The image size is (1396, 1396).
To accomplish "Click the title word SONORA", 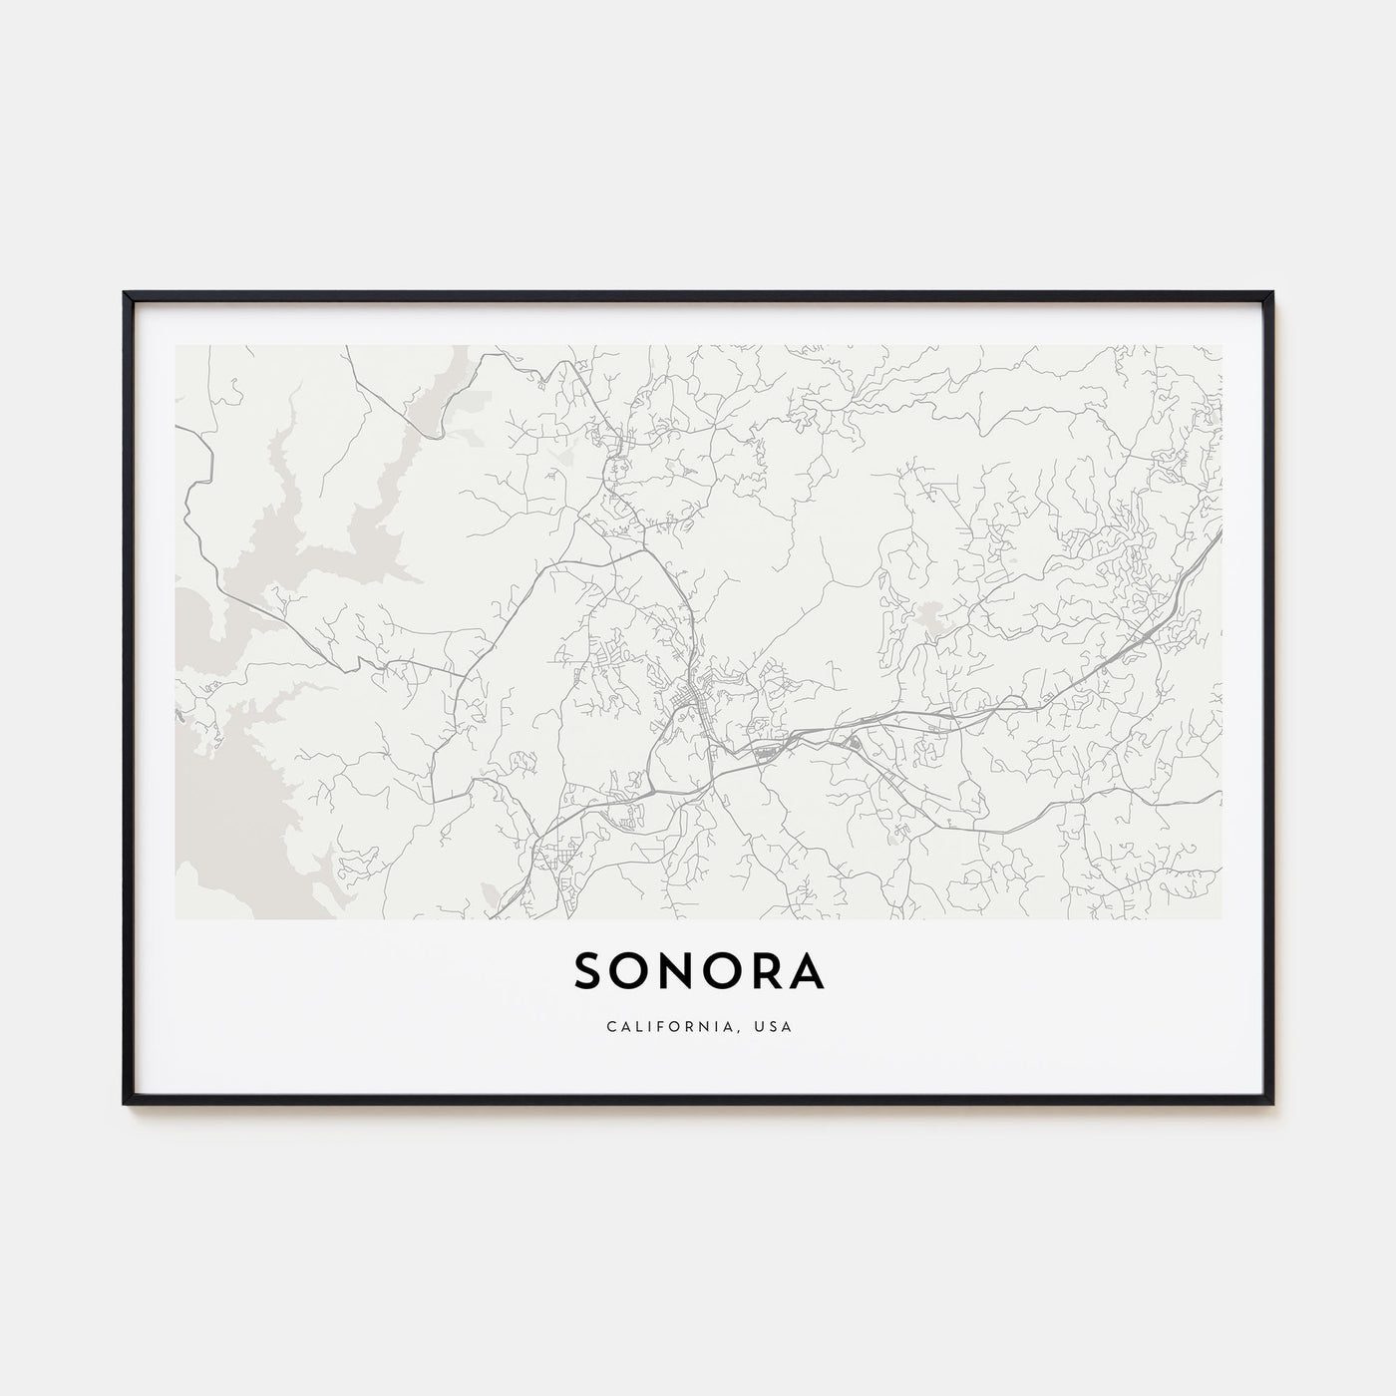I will pos(699,973).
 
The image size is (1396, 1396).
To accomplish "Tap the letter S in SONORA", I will pos(588,973).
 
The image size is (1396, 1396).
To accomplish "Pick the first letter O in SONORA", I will pos(631,973).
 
